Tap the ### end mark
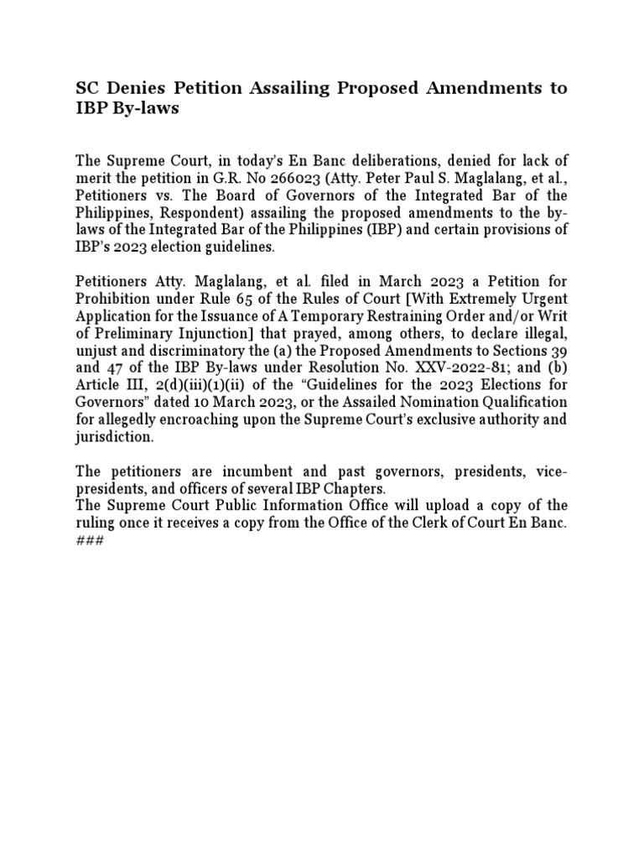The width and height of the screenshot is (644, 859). (89, 540)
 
